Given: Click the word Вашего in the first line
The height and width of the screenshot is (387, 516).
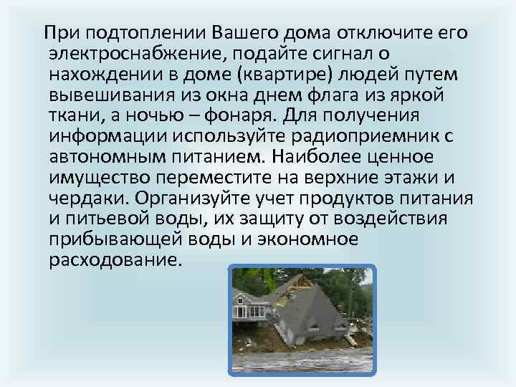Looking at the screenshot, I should point(244,33).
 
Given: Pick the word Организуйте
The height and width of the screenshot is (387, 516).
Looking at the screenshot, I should point(204,199).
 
